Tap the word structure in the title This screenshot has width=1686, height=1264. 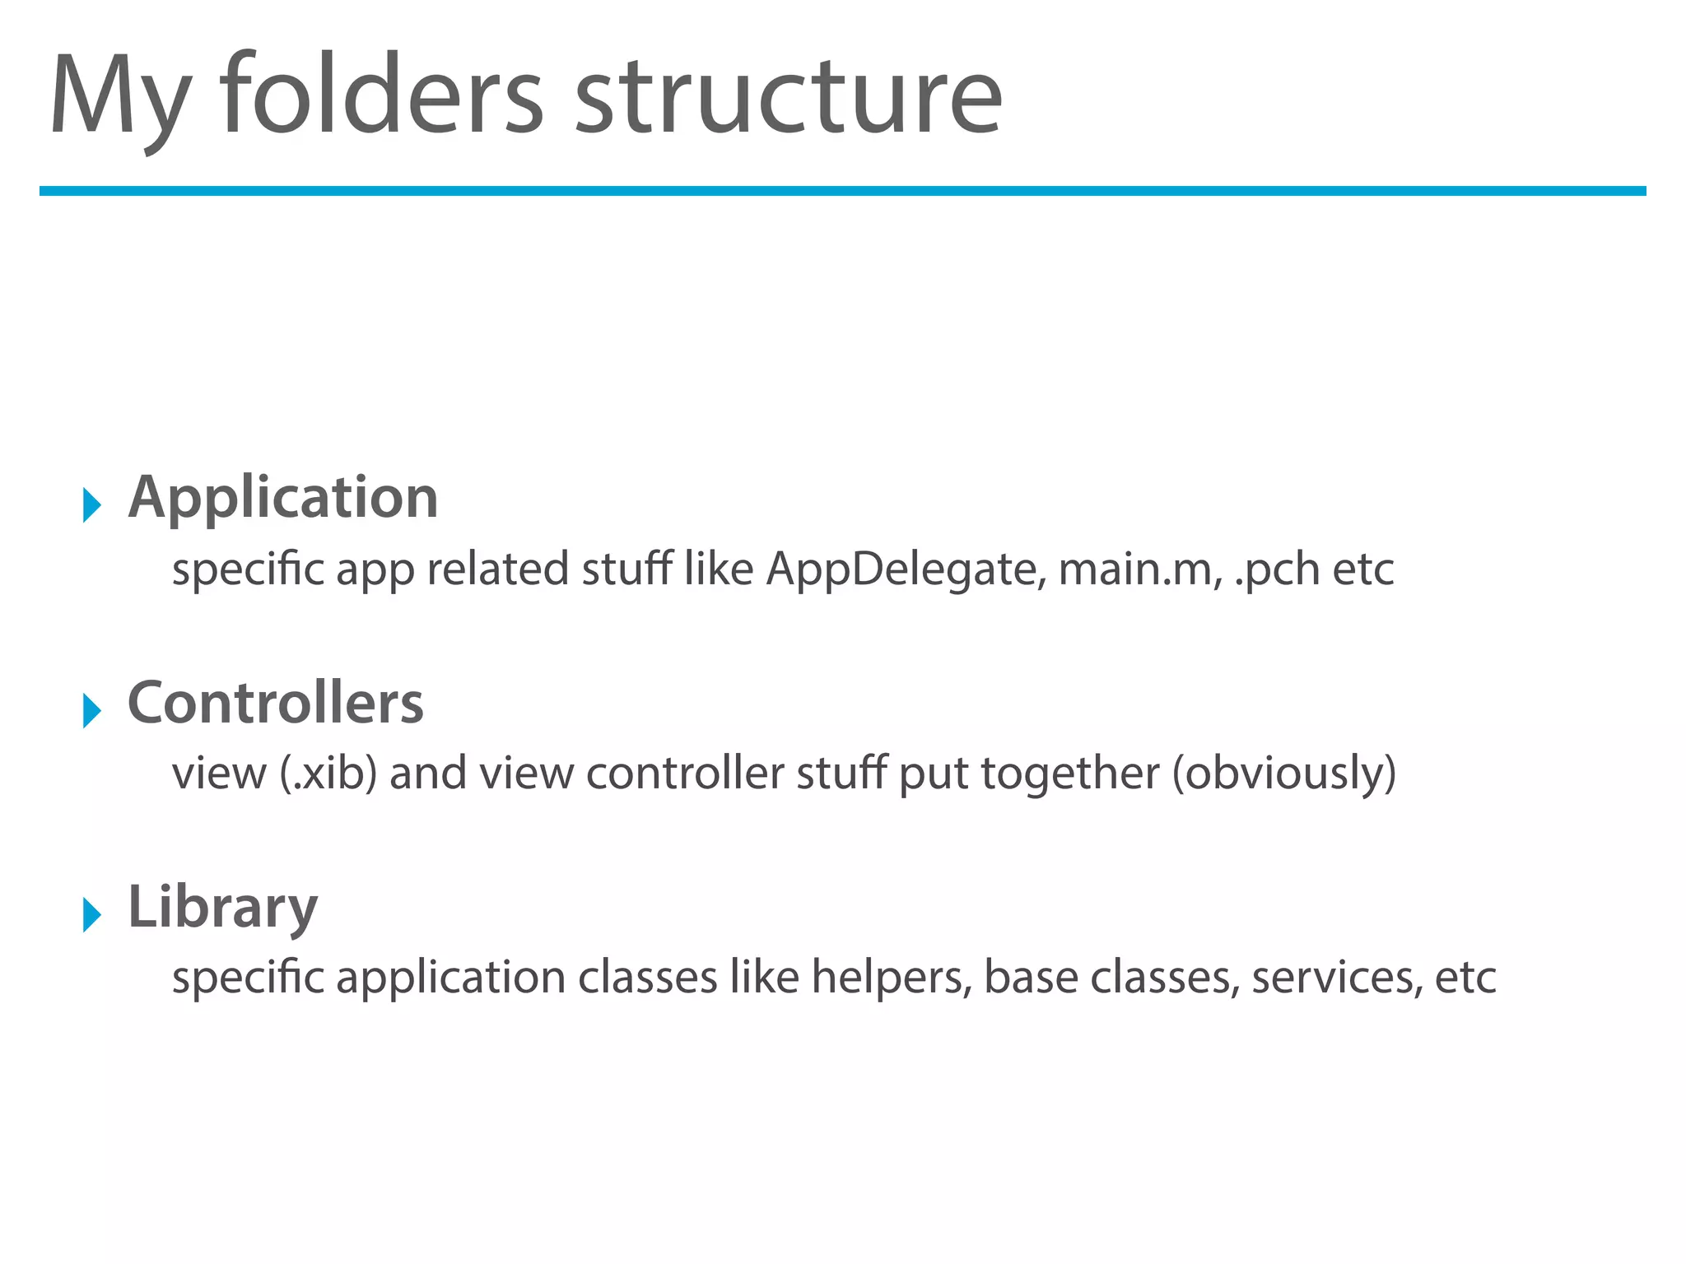click(x=788, y=97)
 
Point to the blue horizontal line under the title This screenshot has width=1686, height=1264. click(x=842, y=191)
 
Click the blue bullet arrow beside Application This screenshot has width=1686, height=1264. click(x=91, y=504)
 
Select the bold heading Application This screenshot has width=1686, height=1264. click(x=283, y=498)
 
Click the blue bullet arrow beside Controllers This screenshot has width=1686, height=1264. click(x=91, y=709)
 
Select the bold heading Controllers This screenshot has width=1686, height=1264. click(x=276, y=704)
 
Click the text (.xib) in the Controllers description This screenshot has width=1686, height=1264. click(x=328, y=774)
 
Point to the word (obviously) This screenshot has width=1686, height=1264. click(x=1283, y=774)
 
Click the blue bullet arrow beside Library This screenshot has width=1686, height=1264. click(x=91, y=913)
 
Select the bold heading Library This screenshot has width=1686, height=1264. click(x=222, y=908)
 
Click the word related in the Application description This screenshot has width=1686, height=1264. click(x=497, y=569)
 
